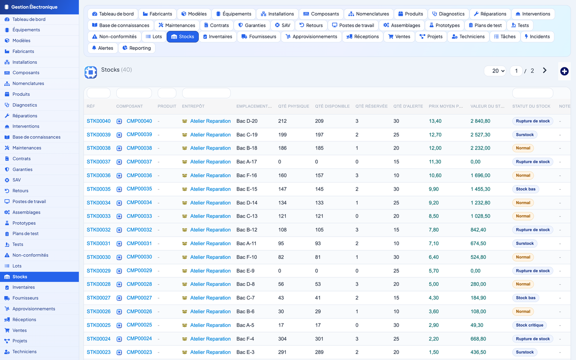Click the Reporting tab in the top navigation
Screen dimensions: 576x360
[137, 48]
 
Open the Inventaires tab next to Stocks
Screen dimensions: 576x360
[218, 37]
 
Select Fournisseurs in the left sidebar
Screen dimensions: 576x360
[25, 298]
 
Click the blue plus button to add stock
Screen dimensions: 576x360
[564, 71]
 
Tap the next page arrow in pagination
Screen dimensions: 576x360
[545, 71]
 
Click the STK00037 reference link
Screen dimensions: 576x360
[98, 162]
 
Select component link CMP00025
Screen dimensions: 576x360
[139, 325]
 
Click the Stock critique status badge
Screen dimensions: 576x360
[529, 325]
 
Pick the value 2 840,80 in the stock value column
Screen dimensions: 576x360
[480, 121]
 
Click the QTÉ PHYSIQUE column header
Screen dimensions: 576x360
[293, 106]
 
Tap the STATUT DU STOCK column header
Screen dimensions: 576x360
[531, 106]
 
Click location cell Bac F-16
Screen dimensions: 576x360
[247, 175]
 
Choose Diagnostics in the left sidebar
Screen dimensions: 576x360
[25, 105]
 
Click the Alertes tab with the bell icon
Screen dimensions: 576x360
[102, 48]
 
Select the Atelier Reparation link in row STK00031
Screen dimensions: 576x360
[210, 244]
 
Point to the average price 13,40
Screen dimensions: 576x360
[435, 121]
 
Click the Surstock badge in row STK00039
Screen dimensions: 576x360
[525, 135]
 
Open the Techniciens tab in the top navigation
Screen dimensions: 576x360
[468, 37]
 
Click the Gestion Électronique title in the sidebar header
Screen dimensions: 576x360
[34, 7]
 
